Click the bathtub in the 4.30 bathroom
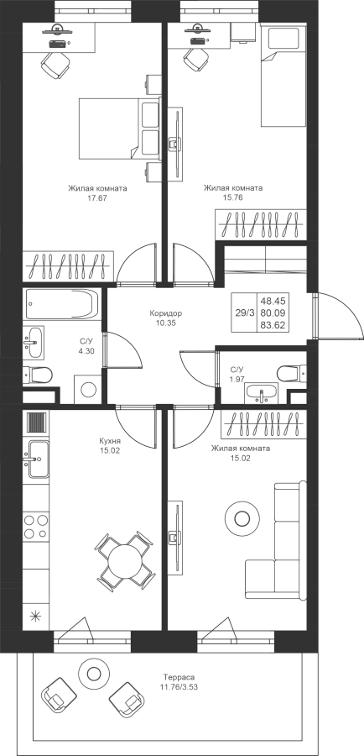(x=61, y=304)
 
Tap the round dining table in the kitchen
(x=126, y=559)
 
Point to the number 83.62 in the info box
(x=273, y=325)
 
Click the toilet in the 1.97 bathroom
(x=290, y=373)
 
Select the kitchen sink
(x=37, y=459)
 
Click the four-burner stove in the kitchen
(x=36, y=527)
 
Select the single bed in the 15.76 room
(x=283, y=76)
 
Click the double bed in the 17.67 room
(x=119, y=129)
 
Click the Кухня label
(x=110, y=441)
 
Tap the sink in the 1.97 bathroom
(x=262, y=392)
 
